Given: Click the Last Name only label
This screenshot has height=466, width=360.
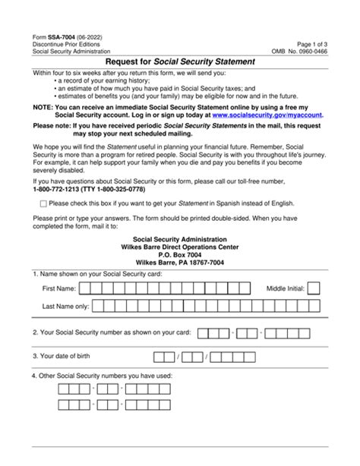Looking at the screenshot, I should click(67, 307).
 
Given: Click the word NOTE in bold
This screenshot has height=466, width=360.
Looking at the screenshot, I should click(43, 108).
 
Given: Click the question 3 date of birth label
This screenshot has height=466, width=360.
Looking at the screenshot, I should click(66, 356).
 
